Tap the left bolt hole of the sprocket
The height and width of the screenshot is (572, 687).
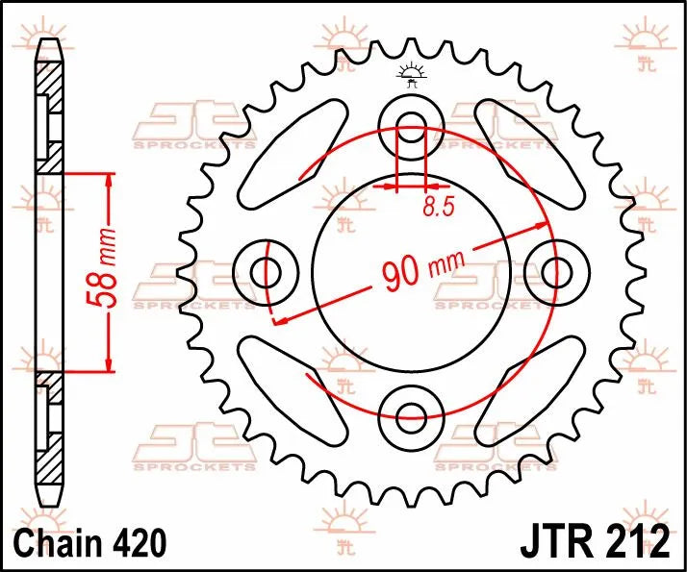(x=267, y=271)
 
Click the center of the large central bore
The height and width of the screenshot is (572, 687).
(x=412, y=272)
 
